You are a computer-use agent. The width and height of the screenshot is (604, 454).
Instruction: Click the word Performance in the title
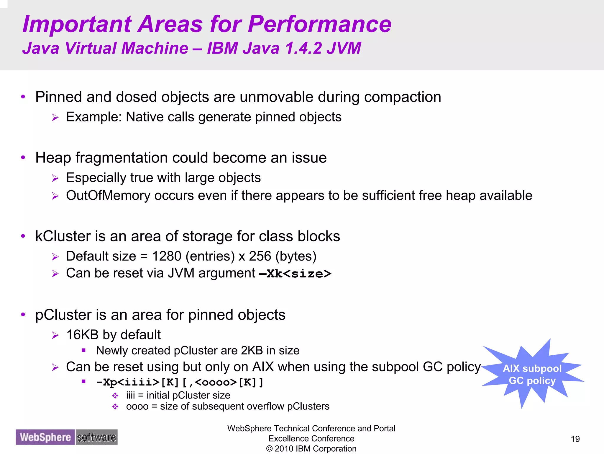tap(320, 24)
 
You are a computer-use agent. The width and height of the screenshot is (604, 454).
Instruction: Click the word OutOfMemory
tap(108, 196)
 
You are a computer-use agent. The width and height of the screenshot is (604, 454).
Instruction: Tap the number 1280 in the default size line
tap(166, 256)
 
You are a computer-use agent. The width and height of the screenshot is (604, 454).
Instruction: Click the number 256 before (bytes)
tap(260, 256)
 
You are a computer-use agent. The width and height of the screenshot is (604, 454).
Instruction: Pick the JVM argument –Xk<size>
tap(295, 274)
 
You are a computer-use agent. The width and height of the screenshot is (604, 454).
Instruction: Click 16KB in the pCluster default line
tap(82, 335)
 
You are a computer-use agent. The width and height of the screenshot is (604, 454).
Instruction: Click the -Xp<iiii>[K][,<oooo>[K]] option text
tap(180, 383)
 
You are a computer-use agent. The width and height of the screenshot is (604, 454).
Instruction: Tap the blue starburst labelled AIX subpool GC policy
tap(532, 375)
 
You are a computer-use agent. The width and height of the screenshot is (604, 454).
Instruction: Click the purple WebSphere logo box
tap(45, 437)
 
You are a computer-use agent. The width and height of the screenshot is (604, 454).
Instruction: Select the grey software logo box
tap(96, 437)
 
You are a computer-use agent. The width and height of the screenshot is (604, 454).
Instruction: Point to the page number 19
tap(575, 439)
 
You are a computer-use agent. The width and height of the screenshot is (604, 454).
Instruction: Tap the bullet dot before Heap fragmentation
tap(23, 158)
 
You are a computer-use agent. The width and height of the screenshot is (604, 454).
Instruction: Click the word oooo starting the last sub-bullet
tap(137, 407)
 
